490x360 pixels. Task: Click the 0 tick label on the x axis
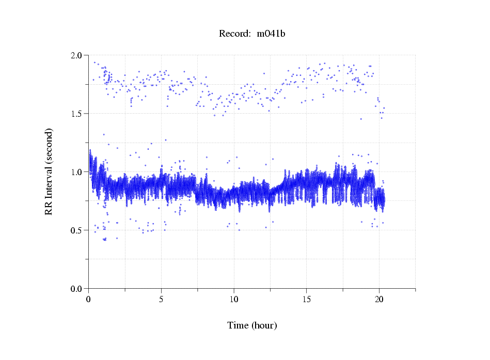[89, 299]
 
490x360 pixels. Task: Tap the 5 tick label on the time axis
[161, 299]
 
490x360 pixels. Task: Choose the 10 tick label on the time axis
[234, 299]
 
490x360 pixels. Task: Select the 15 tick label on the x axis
[307, 299]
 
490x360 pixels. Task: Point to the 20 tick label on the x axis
[379, 299]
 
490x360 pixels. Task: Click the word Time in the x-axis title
[238, 325]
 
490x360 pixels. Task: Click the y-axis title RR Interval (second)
[49, 171]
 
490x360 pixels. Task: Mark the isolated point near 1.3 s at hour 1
[104, 134]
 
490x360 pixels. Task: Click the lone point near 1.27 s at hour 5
[165, 140]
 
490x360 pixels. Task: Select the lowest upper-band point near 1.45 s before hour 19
[361, 119]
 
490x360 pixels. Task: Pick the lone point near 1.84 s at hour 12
[264, 73]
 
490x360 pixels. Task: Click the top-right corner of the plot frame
[415, 55]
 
